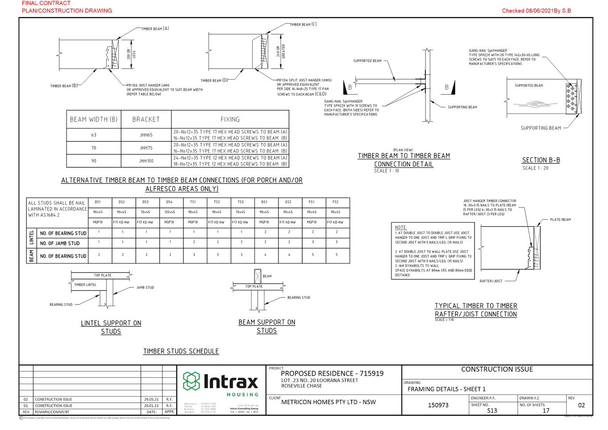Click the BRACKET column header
146,119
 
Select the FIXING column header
230,119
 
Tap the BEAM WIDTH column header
93,119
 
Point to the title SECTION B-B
541,160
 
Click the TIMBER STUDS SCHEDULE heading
181,351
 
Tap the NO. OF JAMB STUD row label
60,243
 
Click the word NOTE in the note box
401,227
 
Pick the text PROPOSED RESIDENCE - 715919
332,373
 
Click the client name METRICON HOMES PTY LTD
328,402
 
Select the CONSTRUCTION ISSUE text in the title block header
497,369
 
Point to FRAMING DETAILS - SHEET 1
446,389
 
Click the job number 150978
438,405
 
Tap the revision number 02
581,405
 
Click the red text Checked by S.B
536,11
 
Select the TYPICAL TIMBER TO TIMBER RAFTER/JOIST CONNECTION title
476,310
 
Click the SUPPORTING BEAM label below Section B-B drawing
540,128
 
